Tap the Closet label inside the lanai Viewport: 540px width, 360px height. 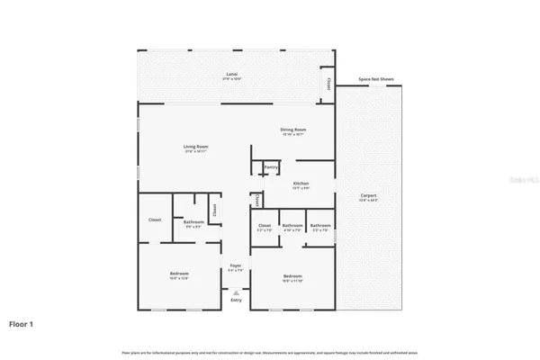coord(328,84)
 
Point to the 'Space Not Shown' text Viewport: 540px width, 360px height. coord(376,79)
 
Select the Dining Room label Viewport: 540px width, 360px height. coord(294,130)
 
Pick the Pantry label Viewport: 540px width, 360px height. coord(270,167)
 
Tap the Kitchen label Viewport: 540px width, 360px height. coord(301,184)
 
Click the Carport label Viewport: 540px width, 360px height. coord(368,195)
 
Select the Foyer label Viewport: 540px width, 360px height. coord(235,265)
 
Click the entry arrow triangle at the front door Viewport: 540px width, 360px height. coord(235,293)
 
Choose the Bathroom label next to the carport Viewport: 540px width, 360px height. coord(320,226)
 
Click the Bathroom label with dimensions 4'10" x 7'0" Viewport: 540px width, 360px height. coord(292,226)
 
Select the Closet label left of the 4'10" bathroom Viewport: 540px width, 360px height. coord(265,226)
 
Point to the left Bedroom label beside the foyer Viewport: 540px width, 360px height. coord(178,274)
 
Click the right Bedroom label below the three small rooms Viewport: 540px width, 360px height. coord(292,276)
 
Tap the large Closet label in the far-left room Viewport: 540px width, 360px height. coord(155,219)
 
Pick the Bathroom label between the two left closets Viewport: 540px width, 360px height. coord(193,222)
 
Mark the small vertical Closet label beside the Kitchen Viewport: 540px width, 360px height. coord(257,201)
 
